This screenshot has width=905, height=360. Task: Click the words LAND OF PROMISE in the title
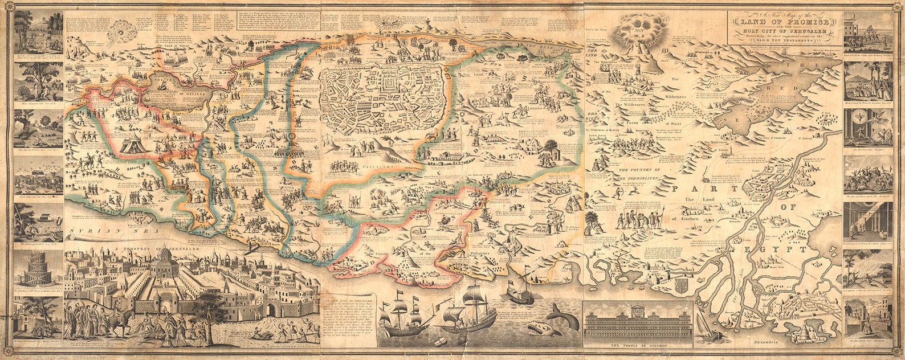(779, 22)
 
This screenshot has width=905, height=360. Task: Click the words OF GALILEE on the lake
(182, 95)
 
